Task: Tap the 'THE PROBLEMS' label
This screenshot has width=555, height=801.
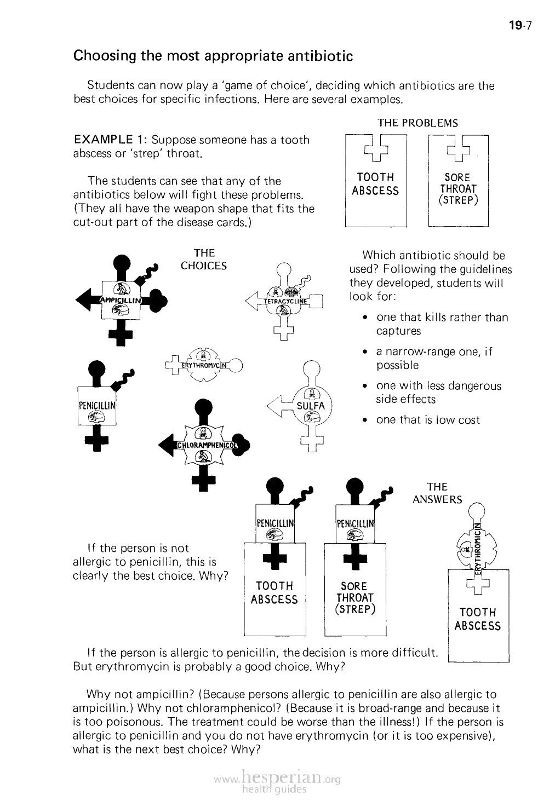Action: (417, 123)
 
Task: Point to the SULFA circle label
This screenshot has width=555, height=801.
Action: (311, 406)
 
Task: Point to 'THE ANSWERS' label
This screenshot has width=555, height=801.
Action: (437, 493)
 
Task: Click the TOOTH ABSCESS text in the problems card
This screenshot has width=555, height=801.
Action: (375, 184)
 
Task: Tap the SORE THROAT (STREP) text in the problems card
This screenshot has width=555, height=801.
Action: (457, 189)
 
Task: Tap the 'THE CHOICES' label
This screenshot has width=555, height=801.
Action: (204, 260)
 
